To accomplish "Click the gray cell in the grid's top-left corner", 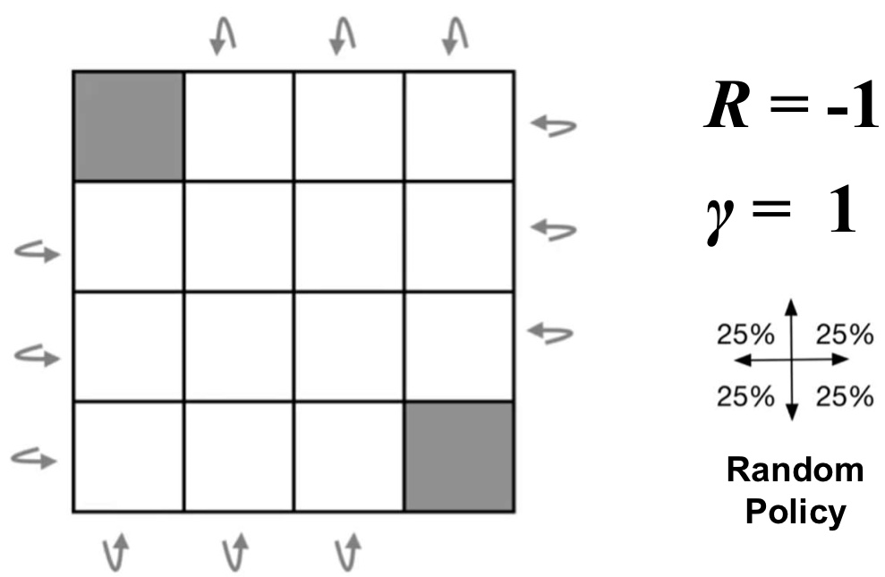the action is tap(129, 126).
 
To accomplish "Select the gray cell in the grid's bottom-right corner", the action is tap(459, 456).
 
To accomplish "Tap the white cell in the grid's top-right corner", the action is tap(459, 126).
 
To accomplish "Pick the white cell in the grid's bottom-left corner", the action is tap(129, 456).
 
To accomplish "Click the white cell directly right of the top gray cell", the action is tap(239, 126).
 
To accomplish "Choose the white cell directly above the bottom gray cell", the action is tap(459, 346).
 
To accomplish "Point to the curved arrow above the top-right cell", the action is tap(455, 37).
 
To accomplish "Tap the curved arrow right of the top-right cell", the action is tap(552, 126).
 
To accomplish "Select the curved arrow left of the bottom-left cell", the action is tap(35, 459).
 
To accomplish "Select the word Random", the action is tap(795, 470).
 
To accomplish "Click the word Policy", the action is tap(795, 512).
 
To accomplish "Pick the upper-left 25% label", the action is tap(745, 335).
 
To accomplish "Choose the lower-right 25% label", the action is tap(844, 395).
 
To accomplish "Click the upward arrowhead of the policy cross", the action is tap(790, 307).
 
